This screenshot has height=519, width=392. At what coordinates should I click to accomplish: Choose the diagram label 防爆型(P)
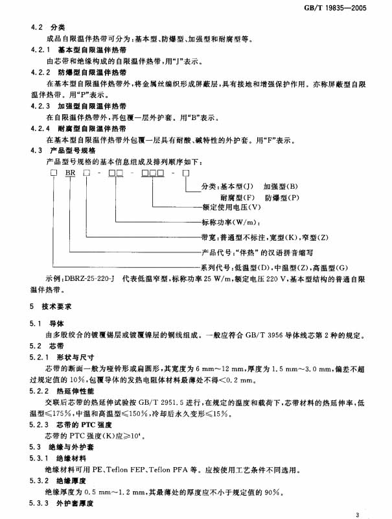coord(282,197)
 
